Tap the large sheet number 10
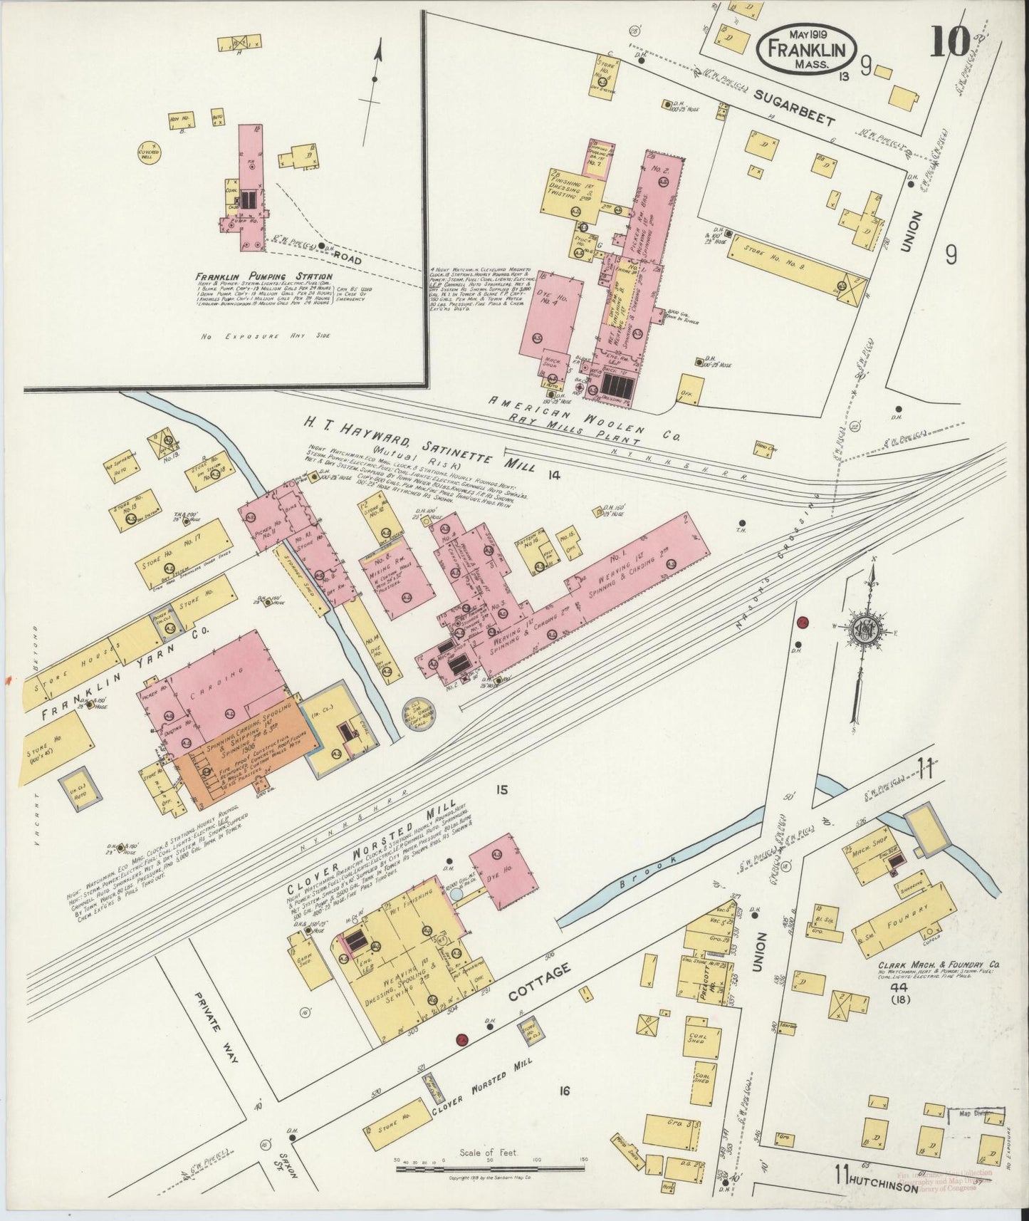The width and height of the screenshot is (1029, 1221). tap(949, 43)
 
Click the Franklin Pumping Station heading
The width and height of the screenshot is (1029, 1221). tap(265, 276)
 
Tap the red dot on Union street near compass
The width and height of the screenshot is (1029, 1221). tap(803, 623)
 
